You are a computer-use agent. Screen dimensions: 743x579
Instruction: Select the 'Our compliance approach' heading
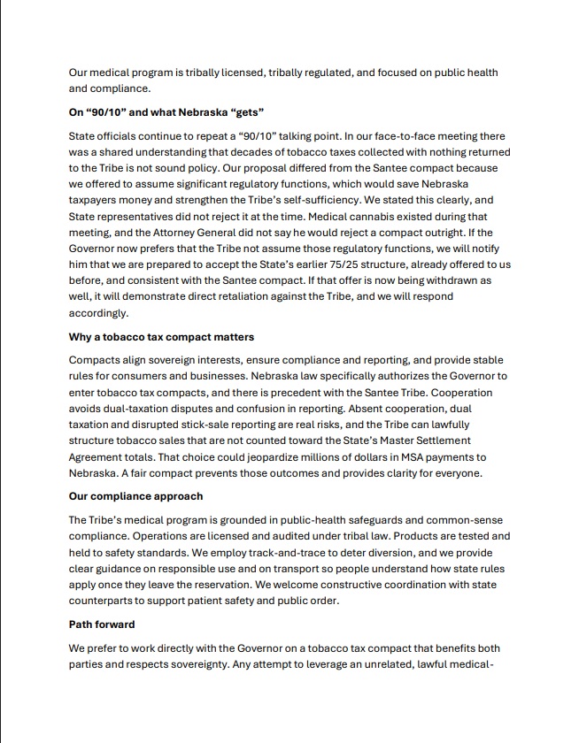135,496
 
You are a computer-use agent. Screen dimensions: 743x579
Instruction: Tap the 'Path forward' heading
102,624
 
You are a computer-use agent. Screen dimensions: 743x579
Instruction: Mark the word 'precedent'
317,393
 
